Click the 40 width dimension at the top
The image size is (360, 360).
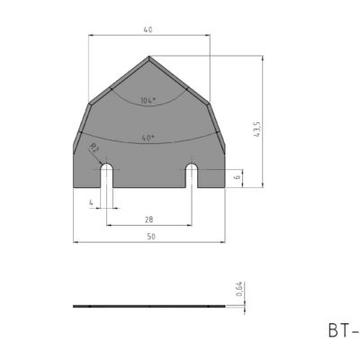point(148,30)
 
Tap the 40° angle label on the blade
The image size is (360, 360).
point(148,138)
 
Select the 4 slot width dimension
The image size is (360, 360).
point(91,202)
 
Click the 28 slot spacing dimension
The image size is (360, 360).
point(148,220)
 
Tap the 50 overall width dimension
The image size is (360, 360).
point(148,237)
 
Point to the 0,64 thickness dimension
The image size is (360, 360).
point(239,290)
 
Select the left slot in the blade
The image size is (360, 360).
point(106,176)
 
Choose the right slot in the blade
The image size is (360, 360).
point(191,176)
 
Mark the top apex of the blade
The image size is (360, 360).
point(148,56)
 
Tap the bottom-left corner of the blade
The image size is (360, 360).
point(74,187)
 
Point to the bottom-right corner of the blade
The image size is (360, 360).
point(223,187)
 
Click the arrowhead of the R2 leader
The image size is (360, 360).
point(103,161)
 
